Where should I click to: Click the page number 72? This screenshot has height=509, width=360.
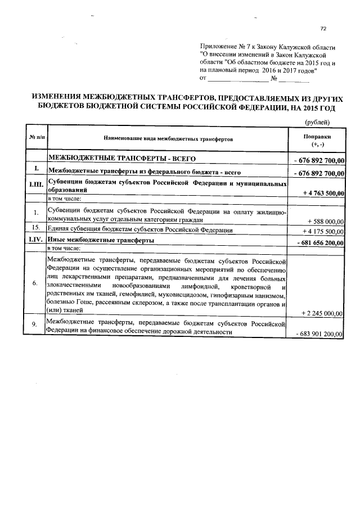(x=323, y=29)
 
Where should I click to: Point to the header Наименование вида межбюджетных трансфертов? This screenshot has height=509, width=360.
(x=167, y=138)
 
